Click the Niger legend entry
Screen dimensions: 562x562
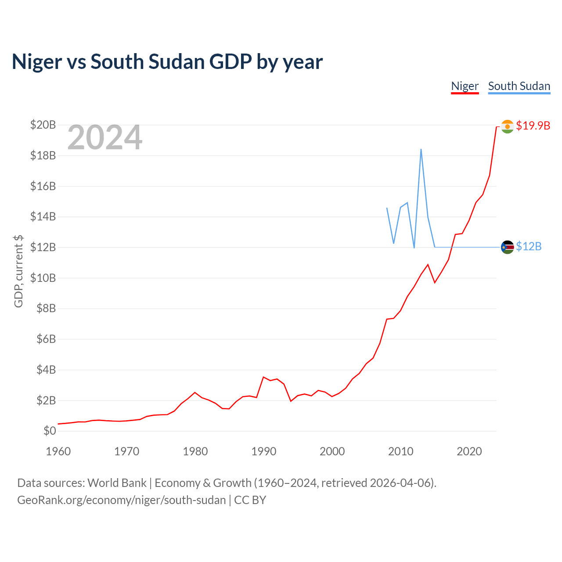[465, 86]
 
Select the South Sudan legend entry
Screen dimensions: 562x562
[519, 86]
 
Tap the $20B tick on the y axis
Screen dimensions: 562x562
[43, 125]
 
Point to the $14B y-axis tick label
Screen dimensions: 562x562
[43, 217]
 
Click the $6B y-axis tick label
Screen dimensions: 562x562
[46, 339]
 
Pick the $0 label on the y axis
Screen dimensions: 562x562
[50, 431]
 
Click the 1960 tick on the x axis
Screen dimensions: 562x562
[58, 451]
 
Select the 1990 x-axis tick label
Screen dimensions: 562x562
[263, 451]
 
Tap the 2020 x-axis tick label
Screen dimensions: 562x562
[469, 451]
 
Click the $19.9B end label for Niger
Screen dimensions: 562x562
[533, 126]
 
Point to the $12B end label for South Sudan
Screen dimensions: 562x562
[529, 247]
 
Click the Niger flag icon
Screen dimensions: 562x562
[508, 126]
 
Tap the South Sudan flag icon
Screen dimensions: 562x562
[508, 247]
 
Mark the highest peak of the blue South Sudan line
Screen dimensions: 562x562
[421, 149]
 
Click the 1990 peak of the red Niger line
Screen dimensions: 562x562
[263, 377]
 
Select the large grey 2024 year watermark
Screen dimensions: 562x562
[105, 137]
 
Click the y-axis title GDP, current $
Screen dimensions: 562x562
[18, 271]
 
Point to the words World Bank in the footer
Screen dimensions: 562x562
[117, 483]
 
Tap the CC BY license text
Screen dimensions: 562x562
[250, 500]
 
